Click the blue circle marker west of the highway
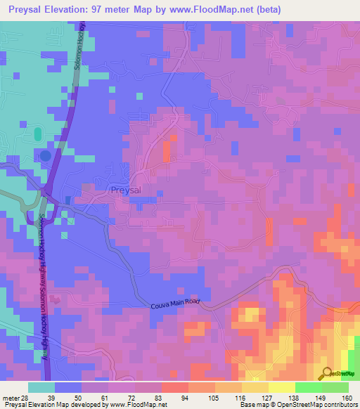point(46,155)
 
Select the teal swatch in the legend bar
point(41,387)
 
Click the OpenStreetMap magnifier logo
point(326,373)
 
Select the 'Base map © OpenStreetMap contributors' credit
point(298,405)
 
